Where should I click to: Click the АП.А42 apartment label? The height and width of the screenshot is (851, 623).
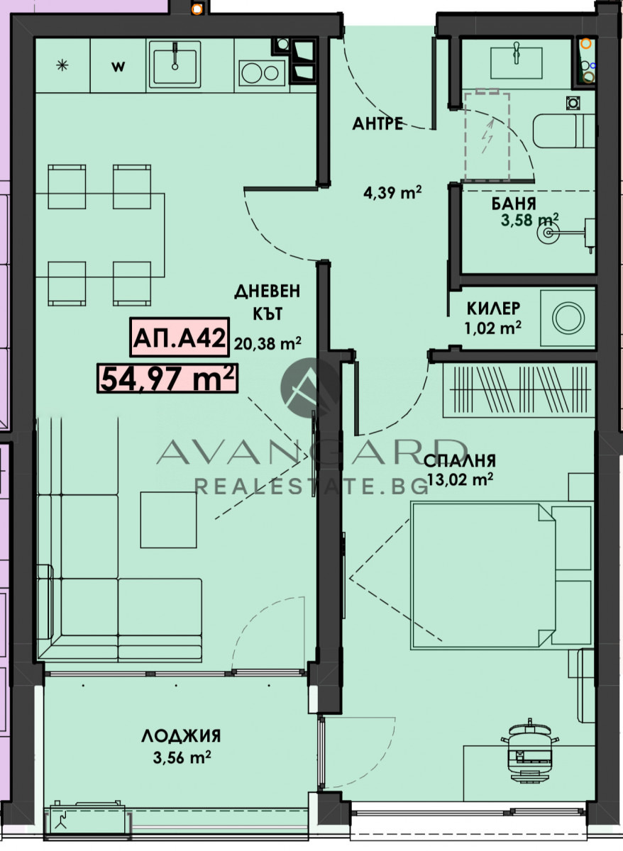tap(180, 337)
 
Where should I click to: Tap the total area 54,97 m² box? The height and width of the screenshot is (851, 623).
tap(167, 378)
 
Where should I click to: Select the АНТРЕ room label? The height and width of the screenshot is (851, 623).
tap(377, 124)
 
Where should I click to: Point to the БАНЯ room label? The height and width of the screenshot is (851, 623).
tap(514, 204)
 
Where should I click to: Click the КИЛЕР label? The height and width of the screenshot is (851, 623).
tap(493, 308)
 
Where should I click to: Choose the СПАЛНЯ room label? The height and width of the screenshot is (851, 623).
tap(460, 461)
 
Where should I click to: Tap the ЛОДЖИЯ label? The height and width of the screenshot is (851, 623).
tap(182, 736)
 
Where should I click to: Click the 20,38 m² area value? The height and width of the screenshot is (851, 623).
tap(268, 344)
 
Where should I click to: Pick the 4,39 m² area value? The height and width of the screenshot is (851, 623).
tap(392, 193)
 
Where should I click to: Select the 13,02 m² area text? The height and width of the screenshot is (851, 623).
tap(461, 479)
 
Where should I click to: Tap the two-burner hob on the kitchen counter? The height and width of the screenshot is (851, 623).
tap(263, 72)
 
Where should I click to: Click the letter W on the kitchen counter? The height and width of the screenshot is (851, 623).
tap(118, 67)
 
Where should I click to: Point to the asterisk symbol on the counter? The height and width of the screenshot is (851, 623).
tap(62, 66)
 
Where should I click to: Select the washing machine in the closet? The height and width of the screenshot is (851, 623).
tap(568, 318)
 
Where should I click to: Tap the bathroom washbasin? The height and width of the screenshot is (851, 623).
tap(516, 62)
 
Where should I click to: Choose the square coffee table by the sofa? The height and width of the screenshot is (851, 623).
tap(169, 520)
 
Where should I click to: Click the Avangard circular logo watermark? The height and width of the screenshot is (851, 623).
tap(310, 387)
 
